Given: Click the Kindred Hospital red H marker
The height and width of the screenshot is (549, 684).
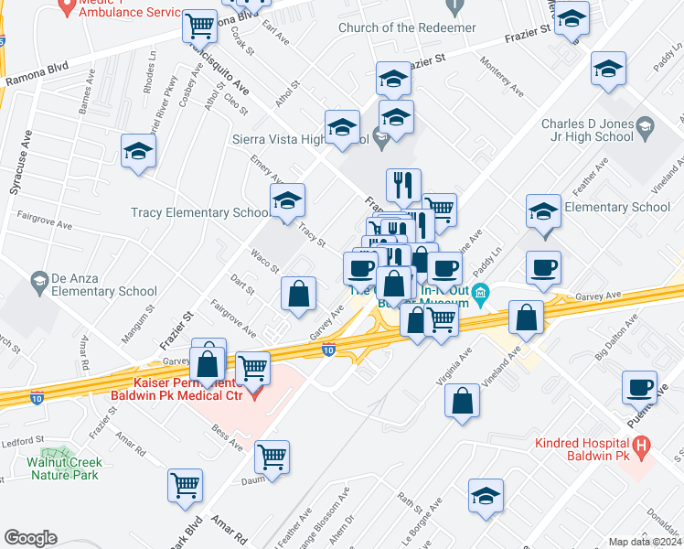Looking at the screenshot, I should [x=642, y=448].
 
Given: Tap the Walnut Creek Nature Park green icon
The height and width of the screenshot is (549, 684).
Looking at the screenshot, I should [x=62, y=455].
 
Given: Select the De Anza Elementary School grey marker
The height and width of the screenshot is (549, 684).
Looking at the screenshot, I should [x=38, y=278].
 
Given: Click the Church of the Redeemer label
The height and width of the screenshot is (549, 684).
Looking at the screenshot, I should [x=407, y=27].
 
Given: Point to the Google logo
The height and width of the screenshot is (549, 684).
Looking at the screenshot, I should [x=30, y=538].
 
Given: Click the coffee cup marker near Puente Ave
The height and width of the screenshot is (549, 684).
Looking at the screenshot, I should [x=639, y=386].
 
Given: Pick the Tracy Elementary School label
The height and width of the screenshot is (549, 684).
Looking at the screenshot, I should [x=200, y=212].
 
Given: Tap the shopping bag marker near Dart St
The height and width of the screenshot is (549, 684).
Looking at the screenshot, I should [x=299, y=295].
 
